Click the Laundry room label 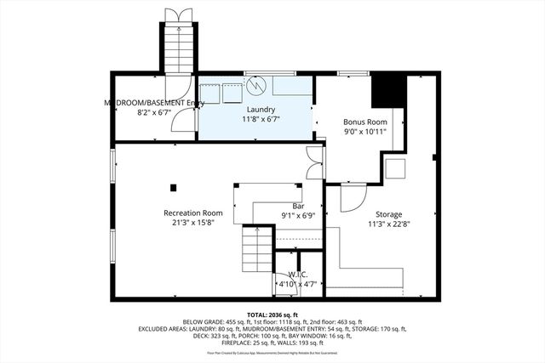click(x=261, y=110)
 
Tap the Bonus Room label click(x=365, y=122)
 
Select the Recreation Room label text click(x=193, y=213)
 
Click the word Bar click(x=298, y=206)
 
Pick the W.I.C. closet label click(x=296, y=275)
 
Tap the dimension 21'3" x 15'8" click(x=193, y=223)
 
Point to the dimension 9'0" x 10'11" click(x=365, y=132)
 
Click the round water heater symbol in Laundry click(x=257, y=87)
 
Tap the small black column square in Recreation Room click(x=174, y=186)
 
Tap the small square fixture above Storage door click(x=394, y=167)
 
